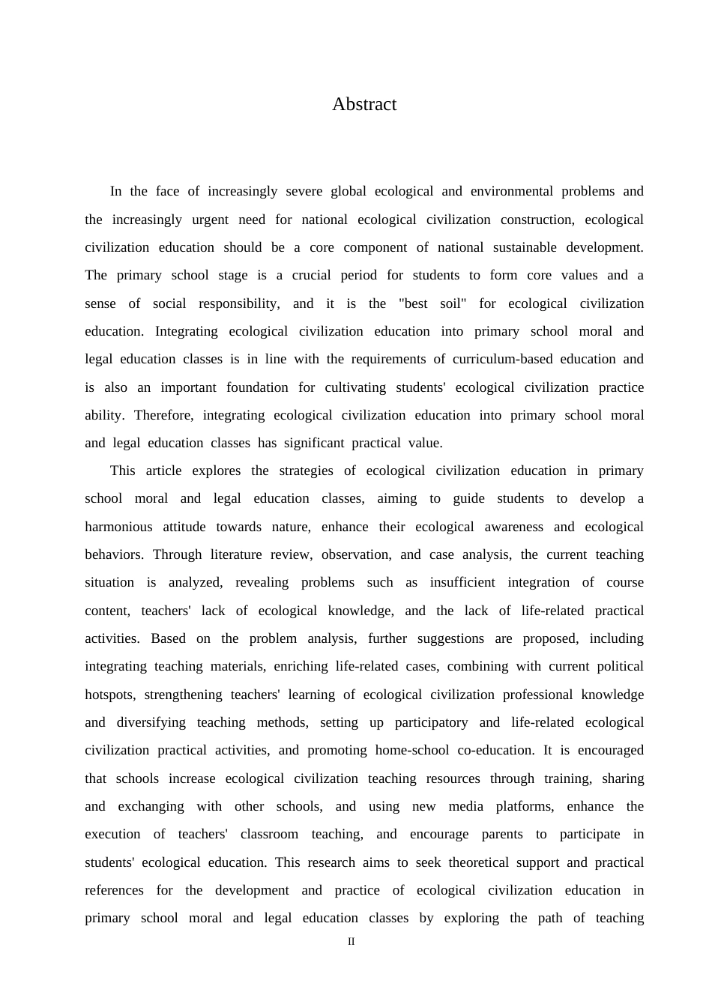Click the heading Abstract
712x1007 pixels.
[x=364, y=104]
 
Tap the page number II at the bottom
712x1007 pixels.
[x=352, y=942]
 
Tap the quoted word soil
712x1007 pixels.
[x=451, y=303]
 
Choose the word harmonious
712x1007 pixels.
[x=118, y=527]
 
